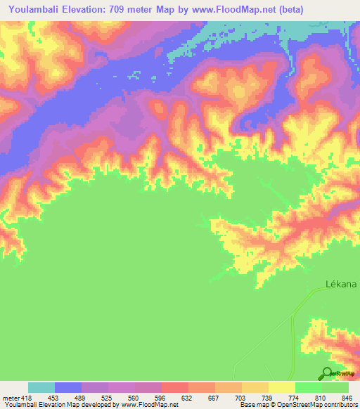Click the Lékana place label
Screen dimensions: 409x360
(x=342, y=284)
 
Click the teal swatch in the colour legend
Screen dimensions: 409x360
(x=41, y=387)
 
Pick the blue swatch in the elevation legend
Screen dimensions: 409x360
(x=68, y=387)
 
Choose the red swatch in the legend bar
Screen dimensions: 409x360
(x=175, y=387)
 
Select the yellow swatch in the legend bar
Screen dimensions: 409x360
(x=282, y=387)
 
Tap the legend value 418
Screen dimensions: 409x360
(x=26, y=398)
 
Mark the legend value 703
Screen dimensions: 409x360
(x=239, y=398)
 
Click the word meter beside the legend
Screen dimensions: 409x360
(x=10, y=398)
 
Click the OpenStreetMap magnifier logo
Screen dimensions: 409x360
(x=326, y=373)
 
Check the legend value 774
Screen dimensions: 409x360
(x=293, y=398)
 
